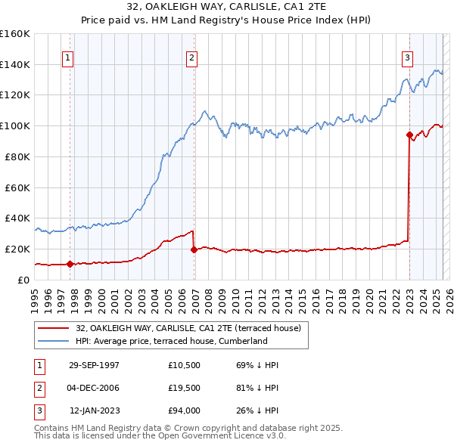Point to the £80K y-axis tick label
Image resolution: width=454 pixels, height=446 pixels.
17,156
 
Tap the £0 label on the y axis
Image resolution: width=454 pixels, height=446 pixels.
24,280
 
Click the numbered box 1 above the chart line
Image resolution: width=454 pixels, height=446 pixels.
68,57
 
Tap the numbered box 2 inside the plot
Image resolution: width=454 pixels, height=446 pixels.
192,57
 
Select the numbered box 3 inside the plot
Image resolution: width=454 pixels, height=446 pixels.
408,57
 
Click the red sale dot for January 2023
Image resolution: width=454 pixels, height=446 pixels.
409,135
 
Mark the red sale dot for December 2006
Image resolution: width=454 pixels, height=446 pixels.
194,249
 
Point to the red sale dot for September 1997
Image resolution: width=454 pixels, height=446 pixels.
70,264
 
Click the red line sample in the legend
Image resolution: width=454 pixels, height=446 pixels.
54,328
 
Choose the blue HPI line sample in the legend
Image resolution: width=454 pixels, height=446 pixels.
54,341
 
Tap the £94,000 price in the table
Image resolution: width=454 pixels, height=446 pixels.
185,410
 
